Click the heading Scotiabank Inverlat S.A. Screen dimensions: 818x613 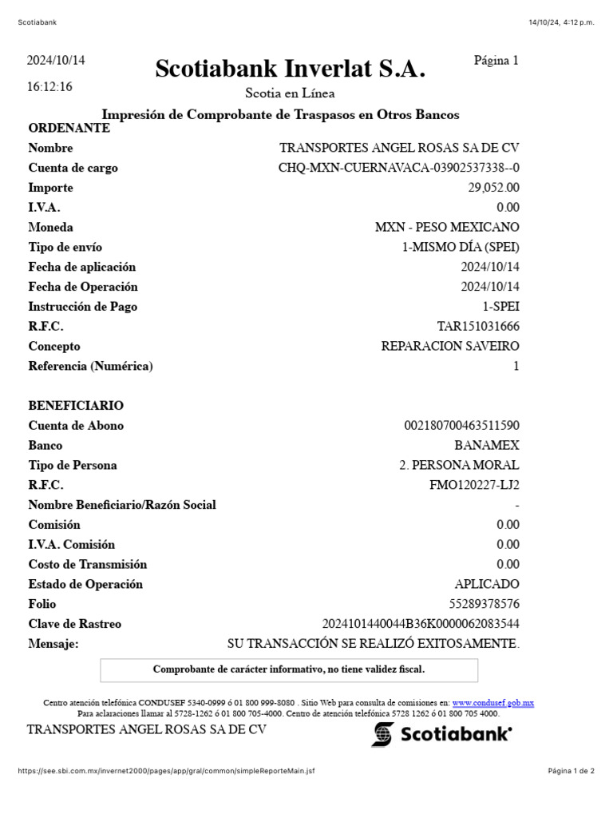pos(290,69)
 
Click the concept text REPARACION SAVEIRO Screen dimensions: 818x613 pos(450,347)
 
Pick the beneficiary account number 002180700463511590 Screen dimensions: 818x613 pos(462,426)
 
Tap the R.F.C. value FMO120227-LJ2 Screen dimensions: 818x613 pos(474,485)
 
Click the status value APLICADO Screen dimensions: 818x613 pos(487,584)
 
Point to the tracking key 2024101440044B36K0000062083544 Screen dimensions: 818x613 pos(421,624)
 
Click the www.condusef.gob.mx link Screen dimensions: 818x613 pos(492,703)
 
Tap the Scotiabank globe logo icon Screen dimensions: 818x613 pos(382,734)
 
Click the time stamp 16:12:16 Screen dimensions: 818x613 pos(49,87)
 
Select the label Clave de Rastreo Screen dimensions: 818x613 pos(75,624)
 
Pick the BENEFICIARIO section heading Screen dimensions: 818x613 pos(76,406)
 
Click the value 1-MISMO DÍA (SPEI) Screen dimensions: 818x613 pos(461,248)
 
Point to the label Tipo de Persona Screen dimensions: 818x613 pos(73,465)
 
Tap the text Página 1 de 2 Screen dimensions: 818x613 pos(571,771)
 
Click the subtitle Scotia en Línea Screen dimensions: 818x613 pos(290,93)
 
